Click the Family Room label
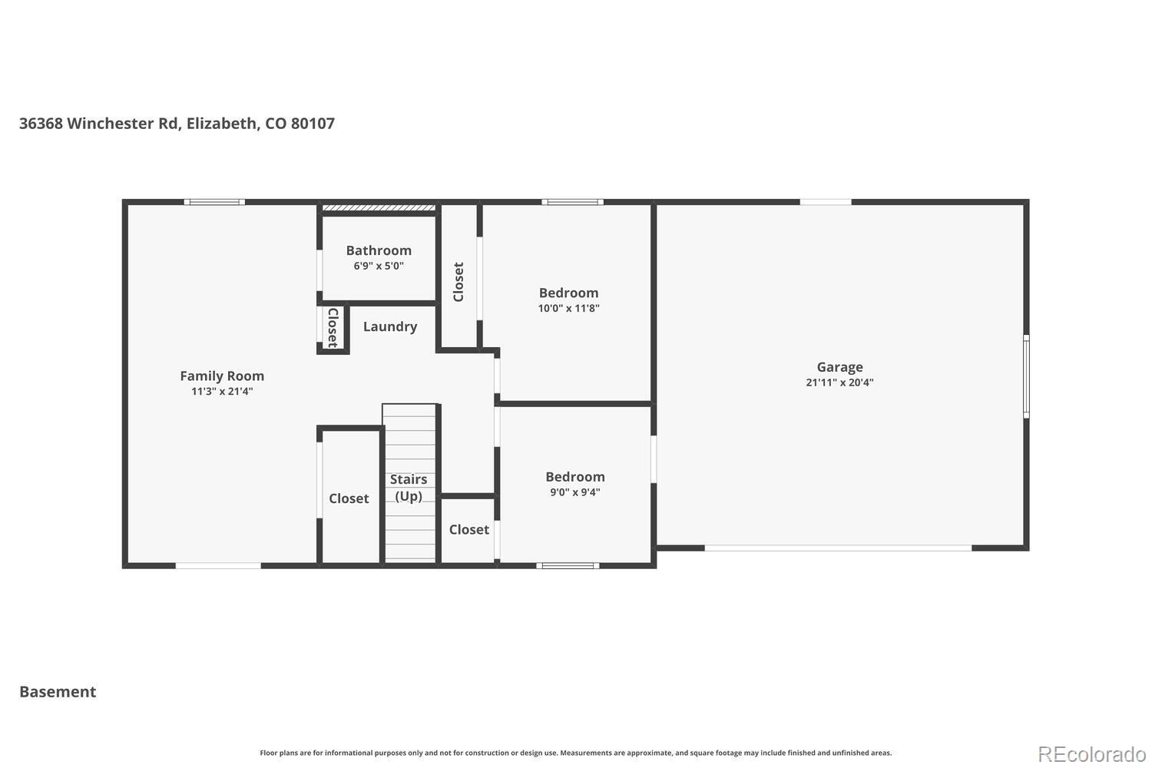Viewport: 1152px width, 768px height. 222,376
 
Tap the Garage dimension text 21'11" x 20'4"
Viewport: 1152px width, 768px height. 839,382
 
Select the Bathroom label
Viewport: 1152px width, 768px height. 379,250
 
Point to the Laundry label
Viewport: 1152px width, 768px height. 390,326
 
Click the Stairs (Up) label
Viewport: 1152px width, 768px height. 409,488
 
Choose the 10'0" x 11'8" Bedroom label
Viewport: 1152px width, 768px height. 568,293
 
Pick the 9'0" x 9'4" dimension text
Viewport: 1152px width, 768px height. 575,492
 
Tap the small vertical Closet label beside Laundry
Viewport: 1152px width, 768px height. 333,328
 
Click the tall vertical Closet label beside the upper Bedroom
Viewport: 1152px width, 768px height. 458,282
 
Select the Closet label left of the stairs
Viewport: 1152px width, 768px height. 349,498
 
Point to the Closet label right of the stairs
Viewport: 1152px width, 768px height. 468,529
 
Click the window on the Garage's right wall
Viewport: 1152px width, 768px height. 1026,376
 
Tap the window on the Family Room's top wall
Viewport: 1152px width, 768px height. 214,202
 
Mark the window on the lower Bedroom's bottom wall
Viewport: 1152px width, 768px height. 568,566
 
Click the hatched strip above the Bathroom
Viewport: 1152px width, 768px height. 379,207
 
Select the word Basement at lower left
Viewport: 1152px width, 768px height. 58,691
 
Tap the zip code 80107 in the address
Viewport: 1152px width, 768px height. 313,123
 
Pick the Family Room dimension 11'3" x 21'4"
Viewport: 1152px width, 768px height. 222,392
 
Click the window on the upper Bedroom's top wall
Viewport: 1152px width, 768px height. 572,202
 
